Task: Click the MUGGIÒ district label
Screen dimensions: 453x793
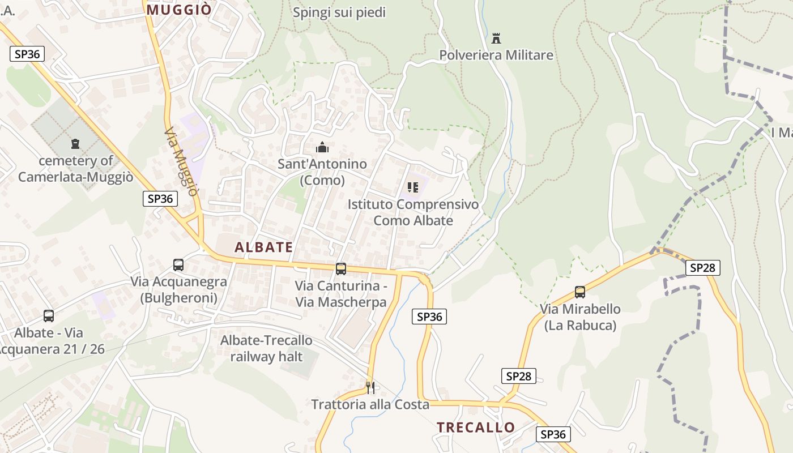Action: click(x=179, y=10)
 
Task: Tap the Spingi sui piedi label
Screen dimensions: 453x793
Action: click(x=339, y=12)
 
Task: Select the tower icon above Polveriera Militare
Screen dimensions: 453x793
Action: click(x=496, y=39)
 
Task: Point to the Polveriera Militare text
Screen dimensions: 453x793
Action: click(x=496, y=55)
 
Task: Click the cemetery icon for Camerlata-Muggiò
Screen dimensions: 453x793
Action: click(x=75, y=144)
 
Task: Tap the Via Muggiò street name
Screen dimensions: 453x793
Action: click(x=182, y=161)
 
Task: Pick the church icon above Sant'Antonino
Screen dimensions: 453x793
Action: click(x=322, y=148)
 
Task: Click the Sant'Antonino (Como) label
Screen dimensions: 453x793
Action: click(x=322, y=172)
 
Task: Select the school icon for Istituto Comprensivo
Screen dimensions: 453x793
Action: click(x=413, y=187)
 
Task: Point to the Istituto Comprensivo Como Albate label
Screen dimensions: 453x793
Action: click(x=413, y=212)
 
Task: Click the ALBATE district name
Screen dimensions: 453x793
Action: click(x=264, y=247)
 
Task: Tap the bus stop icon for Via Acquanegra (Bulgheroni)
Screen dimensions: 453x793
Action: click(x=178, y=264)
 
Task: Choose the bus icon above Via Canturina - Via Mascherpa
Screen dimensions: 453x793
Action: click(x=340, y=268)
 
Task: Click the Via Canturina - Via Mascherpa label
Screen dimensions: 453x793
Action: click(x=340, y=294)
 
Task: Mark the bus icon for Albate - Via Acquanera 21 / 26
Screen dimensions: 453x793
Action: click(x=49, y=316)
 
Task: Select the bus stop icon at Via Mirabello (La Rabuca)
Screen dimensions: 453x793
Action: click(x=580, y=292)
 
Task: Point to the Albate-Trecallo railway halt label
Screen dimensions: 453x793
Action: click(x=266, y=348)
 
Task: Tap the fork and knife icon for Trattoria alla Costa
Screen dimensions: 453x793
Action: click(x=370, y=387)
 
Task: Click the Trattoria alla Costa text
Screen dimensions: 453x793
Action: click(x=370, y=404)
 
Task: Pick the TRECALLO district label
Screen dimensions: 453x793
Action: click(x=476, y=427)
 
